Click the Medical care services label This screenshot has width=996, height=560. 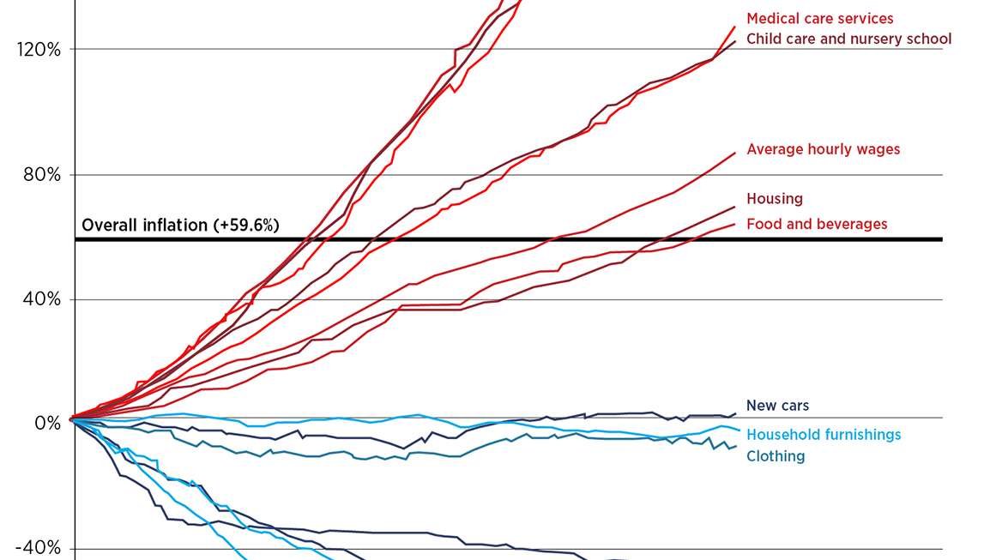pos(819,18)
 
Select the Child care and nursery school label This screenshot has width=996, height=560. pos(848,39)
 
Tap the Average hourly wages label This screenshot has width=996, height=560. pos(823,149)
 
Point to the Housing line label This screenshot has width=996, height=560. pos(774,199)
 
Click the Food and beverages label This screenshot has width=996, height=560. pos(816,224)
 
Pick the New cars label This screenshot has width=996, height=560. pos(777,406)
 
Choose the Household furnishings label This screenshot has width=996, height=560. pos(823,435)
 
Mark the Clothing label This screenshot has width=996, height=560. pos(776,456)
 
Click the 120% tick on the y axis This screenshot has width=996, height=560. pos(39,50)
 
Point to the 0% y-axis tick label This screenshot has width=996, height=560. pos(47,424)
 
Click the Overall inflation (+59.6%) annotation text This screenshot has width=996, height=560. pos(180,226)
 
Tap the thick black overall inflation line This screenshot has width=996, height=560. pos(515,239)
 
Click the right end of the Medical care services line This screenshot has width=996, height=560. pos(734,27)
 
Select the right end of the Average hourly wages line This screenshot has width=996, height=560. pos(734,154)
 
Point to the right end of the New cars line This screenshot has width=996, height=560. pos(735,413)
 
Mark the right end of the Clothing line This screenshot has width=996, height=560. pos(735,446)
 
